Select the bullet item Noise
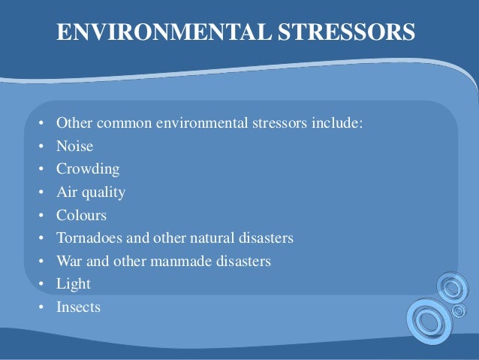74,147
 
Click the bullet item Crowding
88,169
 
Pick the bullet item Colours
81,215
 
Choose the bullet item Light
73,284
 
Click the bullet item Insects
78,307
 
